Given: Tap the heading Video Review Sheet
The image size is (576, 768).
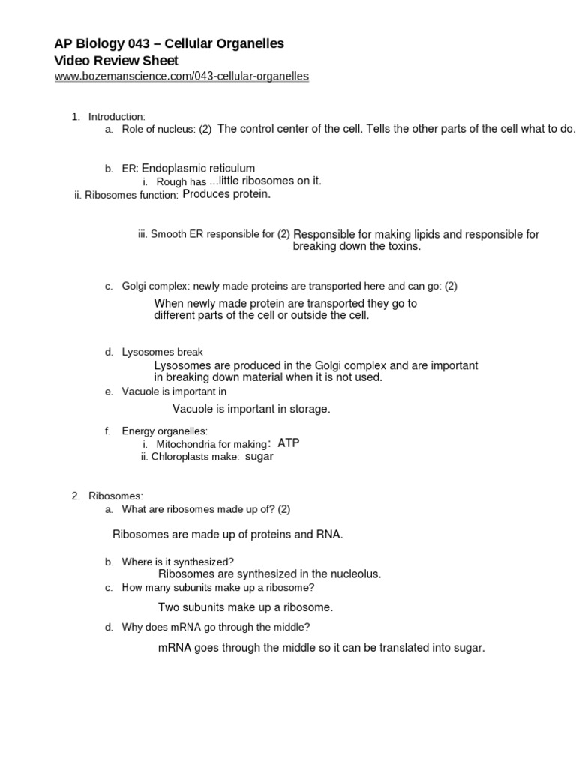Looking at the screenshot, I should click(117, 60).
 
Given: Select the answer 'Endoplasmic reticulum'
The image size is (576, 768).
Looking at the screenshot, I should click(199, 168).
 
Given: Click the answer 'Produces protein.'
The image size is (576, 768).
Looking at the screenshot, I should click(226, 194).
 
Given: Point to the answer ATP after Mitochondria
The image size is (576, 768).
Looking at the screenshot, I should click(289, 442).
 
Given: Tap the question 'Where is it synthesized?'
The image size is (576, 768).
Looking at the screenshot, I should click(178, 561).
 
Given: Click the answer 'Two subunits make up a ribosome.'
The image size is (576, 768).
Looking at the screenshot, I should click(245, 607).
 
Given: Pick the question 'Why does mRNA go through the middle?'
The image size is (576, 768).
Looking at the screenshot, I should click(216, 627).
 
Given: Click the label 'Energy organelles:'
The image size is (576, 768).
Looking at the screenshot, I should click(164, 430).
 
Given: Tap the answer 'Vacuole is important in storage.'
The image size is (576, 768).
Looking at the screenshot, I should click(251, 409).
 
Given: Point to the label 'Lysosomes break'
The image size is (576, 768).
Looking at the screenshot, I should click(162, 352).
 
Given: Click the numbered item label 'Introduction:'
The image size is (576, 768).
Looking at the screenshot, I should click(116, 116).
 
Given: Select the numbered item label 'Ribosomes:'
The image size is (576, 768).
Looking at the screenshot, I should click(115, 496).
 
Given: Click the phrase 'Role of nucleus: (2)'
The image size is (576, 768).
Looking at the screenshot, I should click(166, 130).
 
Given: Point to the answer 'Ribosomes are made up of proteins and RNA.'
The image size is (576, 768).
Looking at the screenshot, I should click(227, 535).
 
